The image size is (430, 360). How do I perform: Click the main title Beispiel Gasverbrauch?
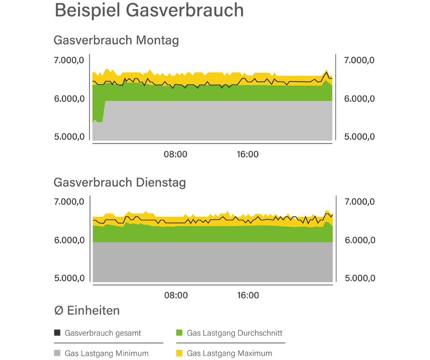tap(149, 11)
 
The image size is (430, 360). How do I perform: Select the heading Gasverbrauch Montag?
tap(116, 40)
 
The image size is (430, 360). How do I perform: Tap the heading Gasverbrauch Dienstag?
tap(119, 183)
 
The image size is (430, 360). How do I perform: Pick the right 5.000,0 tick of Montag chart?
tap(359, 137)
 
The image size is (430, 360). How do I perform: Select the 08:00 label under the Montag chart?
tap(176, 155)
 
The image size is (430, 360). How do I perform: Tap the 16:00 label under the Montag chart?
tap(247, 155)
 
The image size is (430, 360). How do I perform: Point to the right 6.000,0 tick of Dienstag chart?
tap(359, 240)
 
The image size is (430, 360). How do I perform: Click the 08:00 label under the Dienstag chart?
tap(176, 296)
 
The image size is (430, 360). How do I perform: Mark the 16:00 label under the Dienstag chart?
tap(247, 296)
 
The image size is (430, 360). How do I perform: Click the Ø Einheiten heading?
tap(87, 311)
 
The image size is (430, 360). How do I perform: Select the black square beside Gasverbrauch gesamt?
tap(57, 333)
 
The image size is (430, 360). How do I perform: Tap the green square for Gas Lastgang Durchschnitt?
tap(179, 333)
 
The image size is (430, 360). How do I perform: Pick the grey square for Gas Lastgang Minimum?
tap(57, 353)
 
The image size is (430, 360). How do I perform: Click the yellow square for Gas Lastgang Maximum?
tap(179, 353)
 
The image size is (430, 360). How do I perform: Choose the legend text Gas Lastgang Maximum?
tap(229, 353)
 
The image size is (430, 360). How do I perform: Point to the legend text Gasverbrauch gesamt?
tap(103, 333)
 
